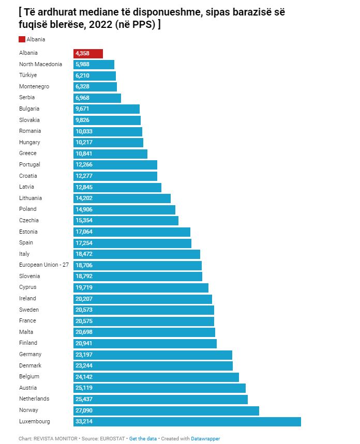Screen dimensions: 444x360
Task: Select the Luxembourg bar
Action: click(187, 422)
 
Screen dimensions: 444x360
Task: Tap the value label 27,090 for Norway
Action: click(84, 410)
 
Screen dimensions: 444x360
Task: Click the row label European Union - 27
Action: click(43, 265)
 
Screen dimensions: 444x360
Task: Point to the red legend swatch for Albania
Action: click(22, 40)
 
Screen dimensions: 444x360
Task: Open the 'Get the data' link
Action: click(143, 439)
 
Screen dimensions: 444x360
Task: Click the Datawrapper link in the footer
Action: click(205, 439)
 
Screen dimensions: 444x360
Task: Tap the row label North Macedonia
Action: click(40, 64)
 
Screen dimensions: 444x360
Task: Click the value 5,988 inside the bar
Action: click(83, 64)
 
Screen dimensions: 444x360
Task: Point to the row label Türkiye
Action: click(28, 75)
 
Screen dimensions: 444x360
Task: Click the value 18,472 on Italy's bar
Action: click(84, 254)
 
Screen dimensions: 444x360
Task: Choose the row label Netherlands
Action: click(34, 399)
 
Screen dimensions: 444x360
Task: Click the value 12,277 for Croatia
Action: click(84, 176)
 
